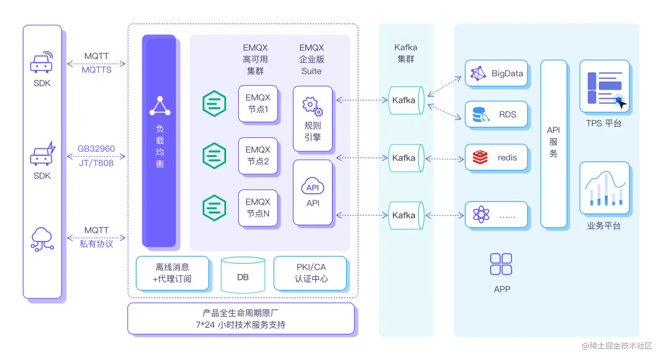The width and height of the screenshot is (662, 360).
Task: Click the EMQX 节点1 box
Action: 258,103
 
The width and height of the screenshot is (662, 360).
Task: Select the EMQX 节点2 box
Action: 258,155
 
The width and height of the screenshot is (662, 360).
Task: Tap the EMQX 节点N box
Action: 258,208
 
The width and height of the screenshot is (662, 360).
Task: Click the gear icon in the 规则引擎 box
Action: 312,106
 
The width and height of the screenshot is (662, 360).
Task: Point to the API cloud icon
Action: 313,186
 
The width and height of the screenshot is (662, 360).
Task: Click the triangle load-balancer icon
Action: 160,106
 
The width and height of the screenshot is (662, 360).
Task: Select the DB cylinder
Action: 243,275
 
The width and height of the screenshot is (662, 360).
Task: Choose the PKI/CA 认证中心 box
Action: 311,273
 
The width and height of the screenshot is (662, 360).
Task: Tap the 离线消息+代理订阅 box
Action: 172,273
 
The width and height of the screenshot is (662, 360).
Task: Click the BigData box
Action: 496,73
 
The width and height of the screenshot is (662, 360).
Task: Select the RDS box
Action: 496,114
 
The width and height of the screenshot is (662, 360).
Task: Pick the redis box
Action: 496,157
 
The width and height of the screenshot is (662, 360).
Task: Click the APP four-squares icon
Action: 501,264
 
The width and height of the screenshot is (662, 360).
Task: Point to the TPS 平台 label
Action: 604,124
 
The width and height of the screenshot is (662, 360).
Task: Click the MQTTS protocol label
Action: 96,70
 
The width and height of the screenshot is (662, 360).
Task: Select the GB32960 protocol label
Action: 96,149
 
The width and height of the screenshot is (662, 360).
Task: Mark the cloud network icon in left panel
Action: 42,239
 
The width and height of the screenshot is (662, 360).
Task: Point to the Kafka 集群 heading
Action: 405,53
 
